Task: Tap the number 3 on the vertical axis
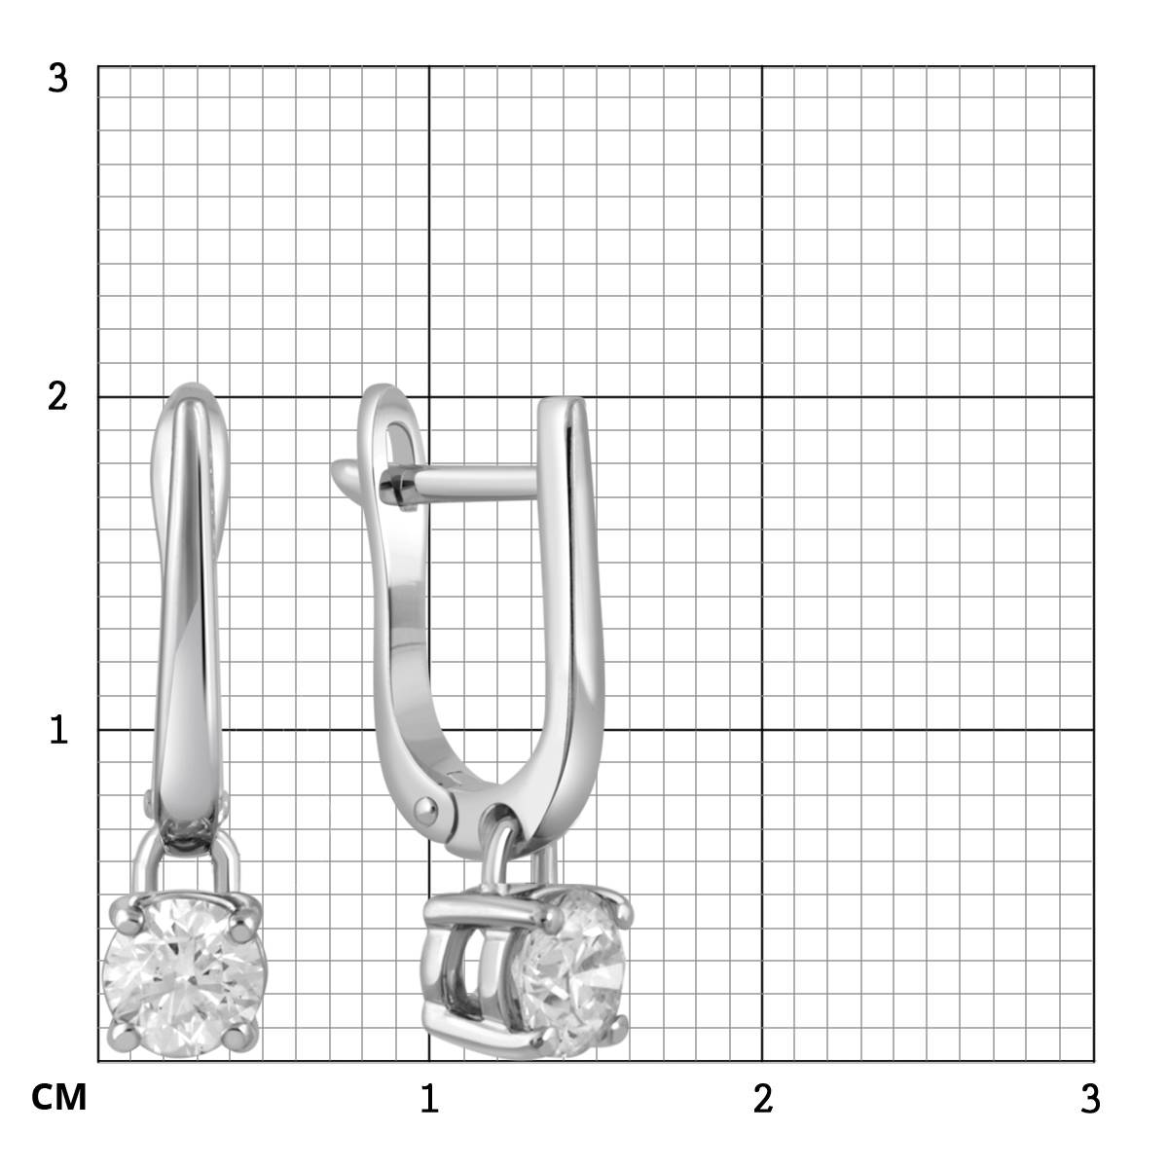(57, 79)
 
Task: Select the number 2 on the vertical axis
(57, 397)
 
